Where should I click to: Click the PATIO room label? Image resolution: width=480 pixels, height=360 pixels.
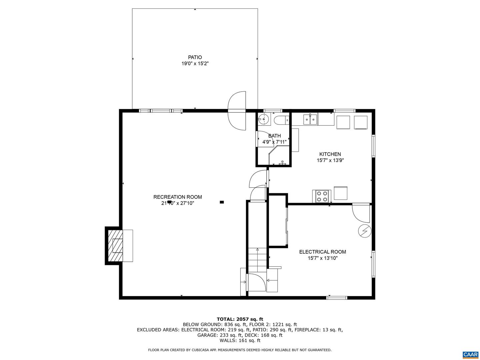(195, 57)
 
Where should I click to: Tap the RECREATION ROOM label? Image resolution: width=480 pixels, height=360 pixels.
(177, 197)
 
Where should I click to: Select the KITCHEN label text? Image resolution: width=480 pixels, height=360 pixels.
(330, 154)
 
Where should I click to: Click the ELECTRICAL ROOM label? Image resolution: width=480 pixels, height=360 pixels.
(322, 252)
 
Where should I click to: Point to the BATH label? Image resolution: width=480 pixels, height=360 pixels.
(274, 136)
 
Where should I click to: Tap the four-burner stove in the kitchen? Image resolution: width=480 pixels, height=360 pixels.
(322, 196)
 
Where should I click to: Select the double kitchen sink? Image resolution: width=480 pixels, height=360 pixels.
(310, 119)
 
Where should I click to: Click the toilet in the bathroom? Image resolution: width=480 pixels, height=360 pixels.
(280, 120)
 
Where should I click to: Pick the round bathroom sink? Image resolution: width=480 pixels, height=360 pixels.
(264, 119)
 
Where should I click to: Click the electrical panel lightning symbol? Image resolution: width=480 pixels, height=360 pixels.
(364, 231)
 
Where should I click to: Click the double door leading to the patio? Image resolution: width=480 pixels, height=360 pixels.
(237, 111)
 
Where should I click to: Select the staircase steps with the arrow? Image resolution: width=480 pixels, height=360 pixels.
(257, 260)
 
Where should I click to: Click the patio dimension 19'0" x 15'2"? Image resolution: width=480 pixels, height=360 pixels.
(195, 64)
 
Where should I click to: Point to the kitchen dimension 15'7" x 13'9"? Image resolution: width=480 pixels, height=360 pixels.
(330, 160)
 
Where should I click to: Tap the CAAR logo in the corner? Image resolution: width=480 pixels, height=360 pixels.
(470, 354)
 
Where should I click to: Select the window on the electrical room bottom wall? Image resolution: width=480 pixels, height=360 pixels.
(336, 298)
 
